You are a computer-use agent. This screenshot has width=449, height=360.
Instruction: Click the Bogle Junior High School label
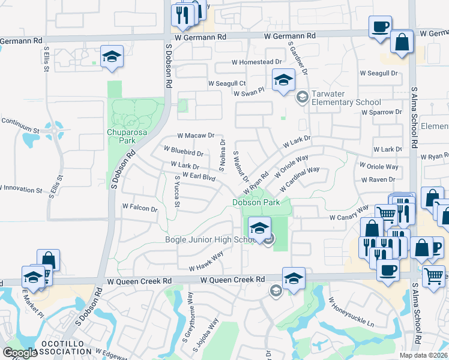[211, 240]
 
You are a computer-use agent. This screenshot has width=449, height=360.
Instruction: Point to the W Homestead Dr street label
[257, 62]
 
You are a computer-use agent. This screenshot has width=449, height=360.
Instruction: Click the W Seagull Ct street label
[228, 83]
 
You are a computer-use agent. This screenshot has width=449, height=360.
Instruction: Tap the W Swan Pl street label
[249, 94]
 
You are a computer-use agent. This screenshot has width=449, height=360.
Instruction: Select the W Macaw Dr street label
[196, 136]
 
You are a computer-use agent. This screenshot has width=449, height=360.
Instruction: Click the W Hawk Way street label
[206, 259]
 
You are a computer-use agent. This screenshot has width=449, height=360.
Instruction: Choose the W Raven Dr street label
[379, 179]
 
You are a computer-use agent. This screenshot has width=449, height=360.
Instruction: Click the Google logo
[20, 353]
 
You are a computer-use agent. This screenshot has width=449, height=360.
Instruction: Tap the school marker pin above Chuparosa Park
[112, 57]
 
